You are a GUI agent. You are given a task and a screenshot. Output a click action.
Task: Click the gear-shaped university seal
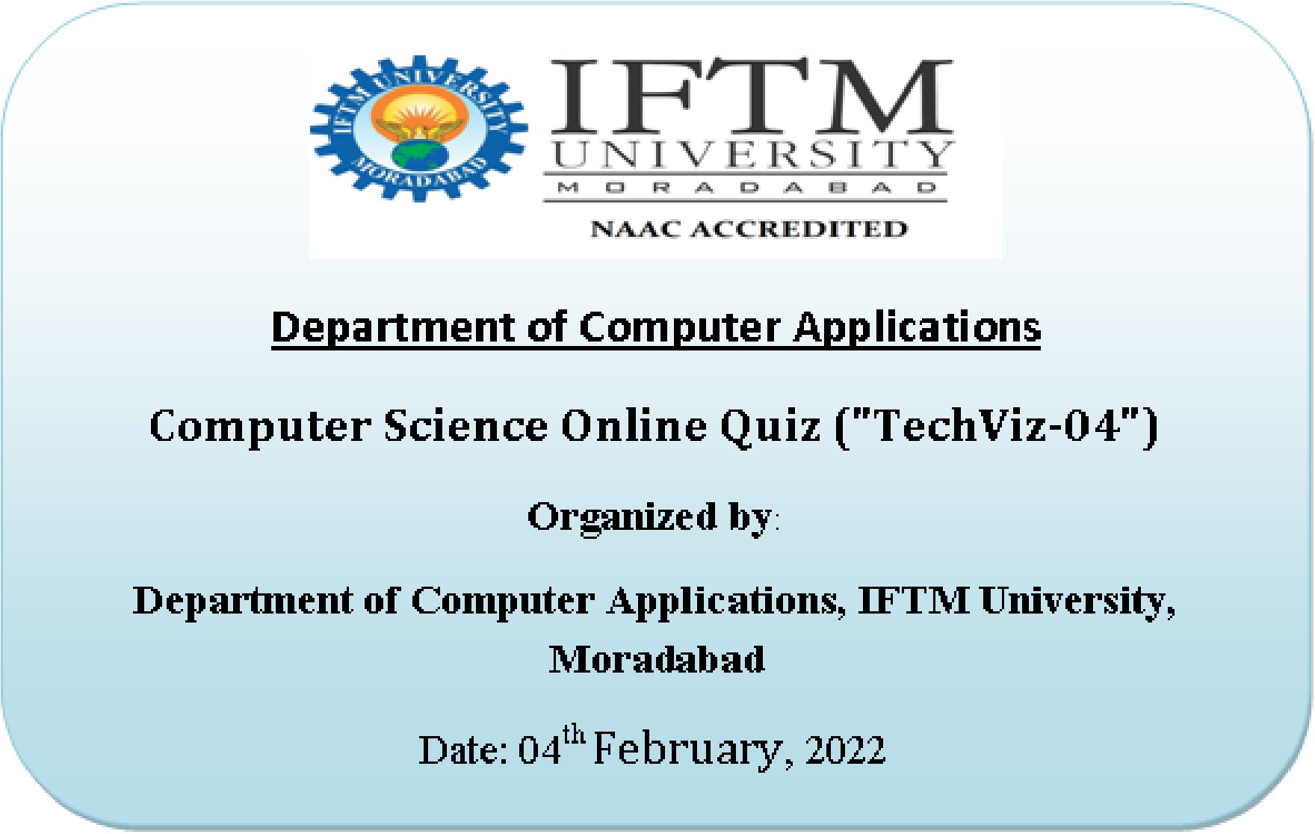[x=419, y=128]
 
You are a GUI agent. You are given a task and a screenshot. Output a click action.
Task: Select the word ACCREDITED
[x=799, y=229]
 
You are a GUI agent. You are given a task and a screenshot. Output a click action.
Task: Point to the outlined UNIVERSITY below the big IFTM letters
[x=751, y=155]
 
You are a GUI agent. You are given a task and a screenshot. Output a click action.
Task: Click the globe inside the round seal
[x=419, y=155]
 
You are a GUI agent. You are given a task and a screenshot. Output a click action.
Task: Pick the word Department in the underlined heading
[x=394, y=328]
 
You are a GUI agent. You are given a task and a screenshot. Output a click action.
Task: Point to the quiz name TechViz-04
[x=997, y=426]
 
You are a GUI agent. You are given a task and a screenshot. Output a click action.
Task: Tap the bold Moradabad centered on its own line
[x=657, y=659]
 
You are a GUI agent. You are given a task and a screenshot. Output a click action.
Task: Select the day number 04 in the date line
[x=540, y=750]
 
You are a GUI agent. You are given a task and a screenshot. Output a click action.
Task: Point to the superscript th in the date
[x=574, y=735]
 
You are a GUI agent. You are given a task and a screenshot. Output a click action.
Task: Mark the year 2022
[x=845, y=750]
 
